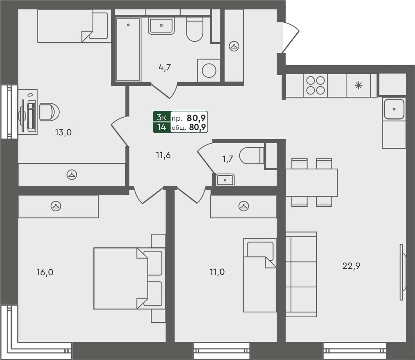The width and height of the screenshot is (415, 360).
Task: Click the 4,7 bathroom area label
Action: tap(165, 68)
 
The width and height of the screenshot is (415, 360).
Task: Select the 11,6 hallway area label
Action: tap(163, 155)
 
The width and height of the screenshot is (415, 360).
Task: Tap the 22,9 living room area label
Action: tap(351, 265)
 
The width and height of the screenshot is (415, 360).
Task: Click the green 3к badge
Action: tap(161, 117)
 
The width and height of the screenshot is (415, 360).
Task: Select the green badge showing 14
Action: tap(161, 127)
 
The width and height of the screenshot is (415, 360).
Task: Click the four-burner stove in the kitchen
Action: tap(315, 85)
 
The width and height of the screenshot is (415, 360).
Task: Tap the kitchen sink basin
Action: tap(394, 109)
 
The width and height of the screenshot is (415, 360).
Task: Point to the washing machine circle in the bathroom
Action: tap(209, 70)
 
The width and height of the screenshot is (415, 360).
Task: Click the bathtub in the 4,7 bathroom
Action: tap(128, 49)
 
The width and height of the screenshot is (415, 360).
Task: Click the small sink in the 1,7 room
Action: tap(225, 180)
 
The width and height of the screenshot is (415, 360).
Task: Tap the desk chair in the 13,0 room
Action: tap(49, 112)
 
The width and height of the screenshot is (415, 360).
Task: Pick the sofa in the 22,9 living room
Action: tap(301, 274)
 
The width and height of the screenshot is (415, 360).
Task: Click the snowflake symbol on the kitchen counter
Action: tap(358, 85)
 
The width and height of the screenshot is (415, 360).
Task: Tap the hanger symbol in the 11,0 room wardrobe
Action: tap(243, 206)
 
